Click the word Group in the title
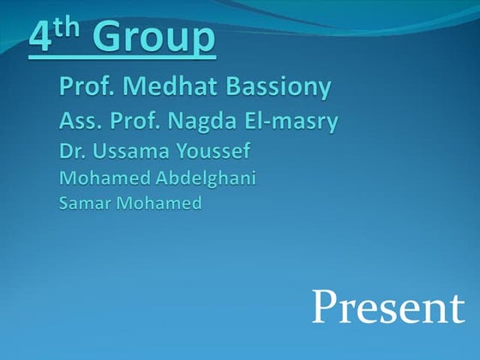[153, 39]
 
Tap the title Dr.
[71, 153]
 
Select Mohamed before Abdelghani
[97, 179]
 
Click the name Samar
[84, 204]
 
